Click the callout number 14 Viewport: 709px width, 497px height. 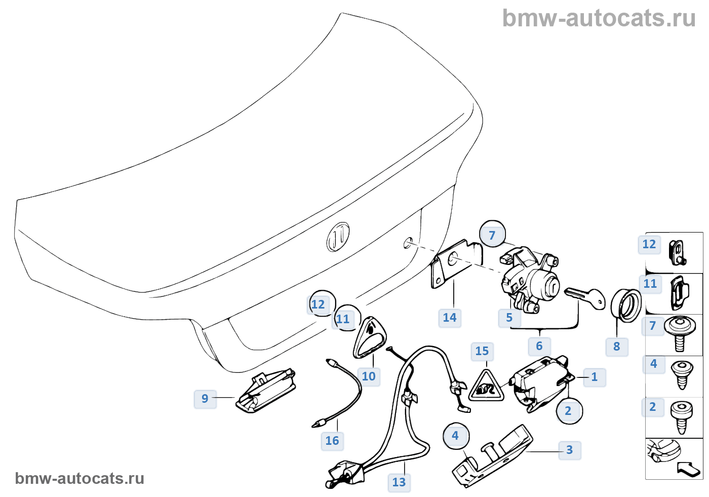click(x=450, y=318)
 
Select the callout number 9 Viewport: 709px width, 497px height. click(x=205, y=399)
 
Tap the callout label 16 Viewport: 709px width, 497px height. click(x=332, y=441)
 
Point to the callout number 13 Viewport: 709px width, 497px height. click(x=399, y=482)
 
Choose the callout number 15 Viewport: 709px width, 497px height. click(x=482, y=351)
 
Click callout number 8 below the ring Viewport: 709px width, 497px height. click(x=617, y=347)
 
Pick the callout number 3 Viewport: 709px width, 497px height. click(x=570, y=450)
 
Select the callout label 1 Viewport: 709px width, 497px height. click(x=595, y=377)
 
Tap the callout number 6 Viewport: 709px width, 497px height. click(x=539, y=346)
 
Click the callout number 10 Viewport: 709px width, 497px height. click(x=369, y=376)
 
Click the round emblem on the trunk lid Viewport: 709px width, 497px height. click(x=338, y=237)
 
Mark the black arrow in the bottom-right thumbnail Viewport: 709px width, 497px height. click(x=689, y=468)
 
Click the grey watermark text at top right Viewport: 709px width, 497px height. click(x=599, y=18)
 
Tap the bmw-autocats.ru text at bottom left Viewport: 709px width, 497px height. click(x=80, y=478)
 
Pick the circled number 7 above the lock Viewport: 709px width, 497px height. click(x=492, y=235)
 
